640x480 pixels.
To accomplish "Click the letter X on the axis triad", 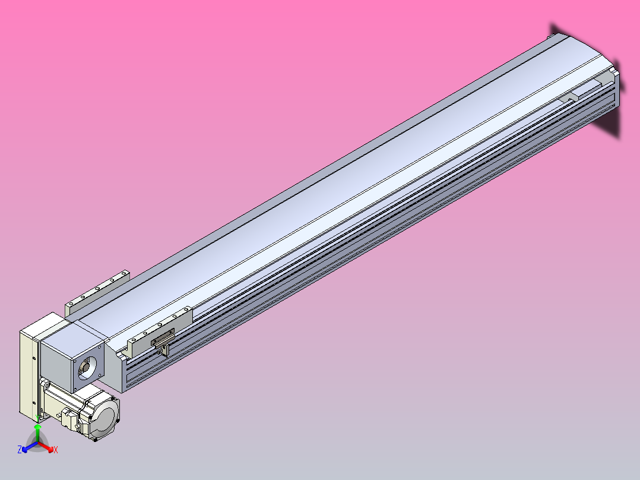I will click(x=56, y=450).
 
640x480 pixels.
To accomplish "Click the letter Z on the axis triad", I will click(x=20, y=450).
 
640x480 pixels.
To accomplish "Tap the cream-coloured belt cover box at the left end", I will click(x=28, y=371).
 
